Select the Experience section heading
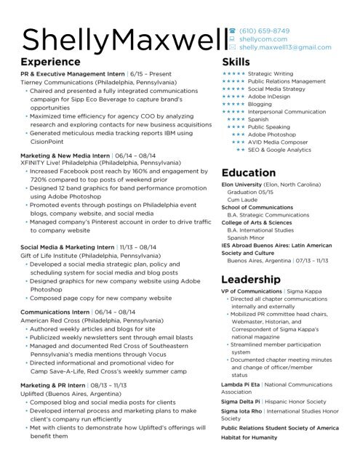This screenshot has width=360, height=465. pos(50,62)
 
